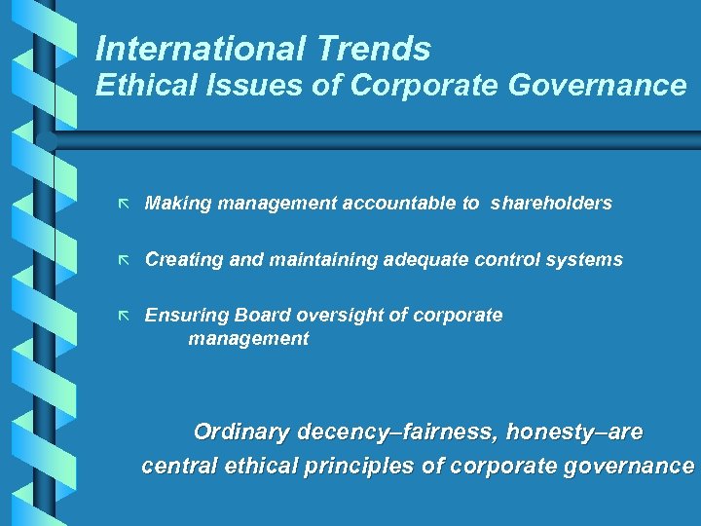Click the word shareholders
[551, 204]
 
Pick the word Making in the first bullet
[178, 204]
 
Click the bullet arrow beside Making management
[123, 204]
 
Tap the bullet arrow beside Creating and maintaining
[123, 260]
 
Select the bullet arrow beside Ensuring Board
[123, 316]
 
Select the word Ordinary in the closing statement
[242, 432]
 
